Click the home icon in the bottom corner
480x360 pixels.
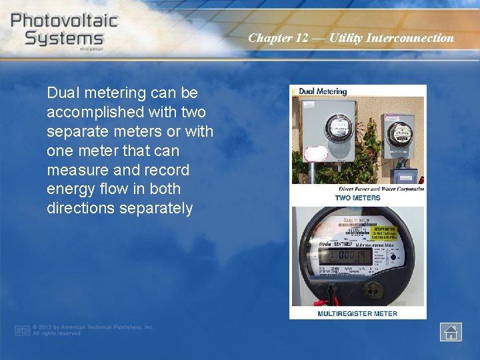(451, 331)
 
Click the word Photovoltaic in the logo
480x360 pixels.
(64, 20)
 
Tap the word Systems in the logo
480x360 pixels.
(64, 38)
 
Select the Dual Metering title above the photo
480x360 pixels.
(323, 91)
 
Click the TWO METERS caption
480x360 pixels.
(357, 198)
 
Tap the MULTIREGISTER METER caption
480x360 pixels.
(357, 313)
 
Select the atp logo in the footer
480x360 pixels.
(22, 330)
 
